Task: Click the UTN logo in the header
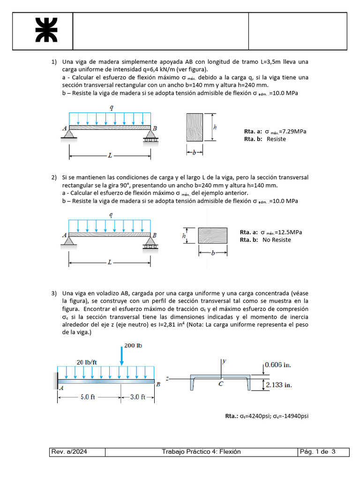click(46, 30)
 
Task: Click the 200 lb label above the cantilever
click(133, 345)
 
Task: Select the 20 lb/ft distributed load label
click(87, 361)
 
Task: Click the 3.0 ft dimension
click(137, 397)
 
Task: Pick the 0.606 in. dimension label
click(280, 364)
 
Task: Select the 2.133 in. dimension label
click(279, 385)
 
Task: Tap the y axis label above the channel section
click(224, 361)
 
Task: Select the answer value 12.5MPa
click(288, 232)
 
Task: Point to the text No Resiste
click(277, 240)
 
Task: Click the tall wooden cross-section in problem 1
click(195, 127)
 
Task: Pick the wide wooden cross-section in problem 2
click(213, 236)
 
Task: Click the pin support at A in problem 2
click(69, 241)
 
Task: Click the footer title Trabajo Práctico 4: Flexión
click(201, 452)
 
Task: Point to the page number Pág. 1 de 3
click(317, 452)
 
